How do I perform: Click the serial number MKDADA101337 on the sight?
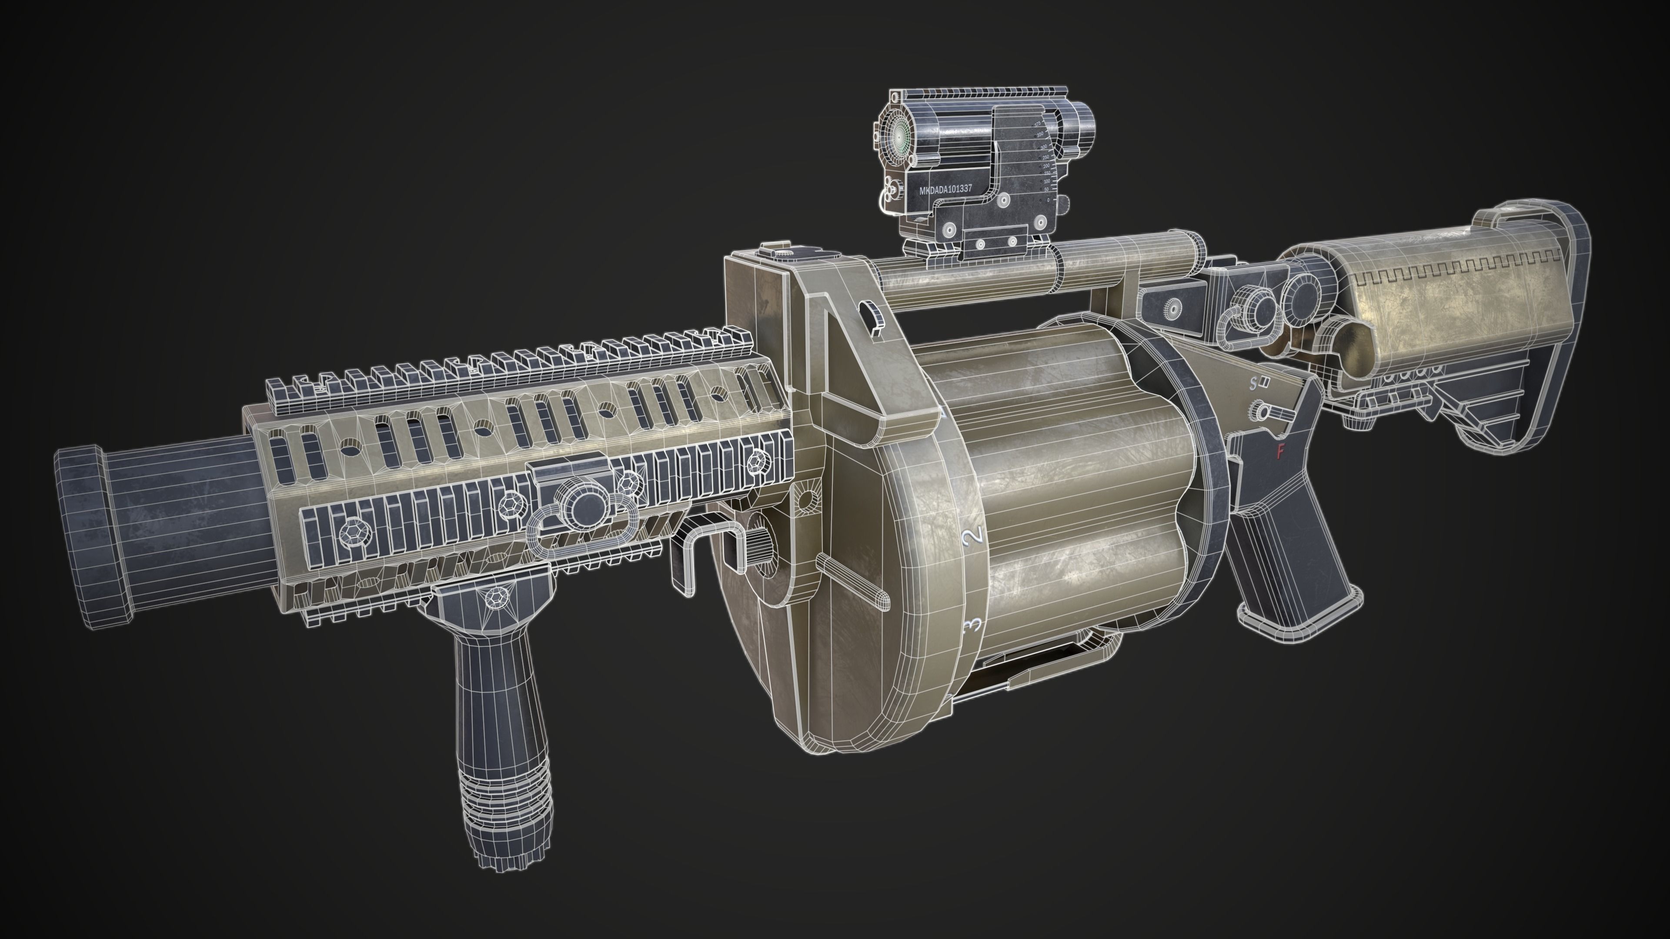pos(945,189)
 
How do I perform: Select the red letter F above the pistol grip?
pos(1280,452)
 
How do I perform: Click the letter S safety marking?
pos(1253,383)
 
